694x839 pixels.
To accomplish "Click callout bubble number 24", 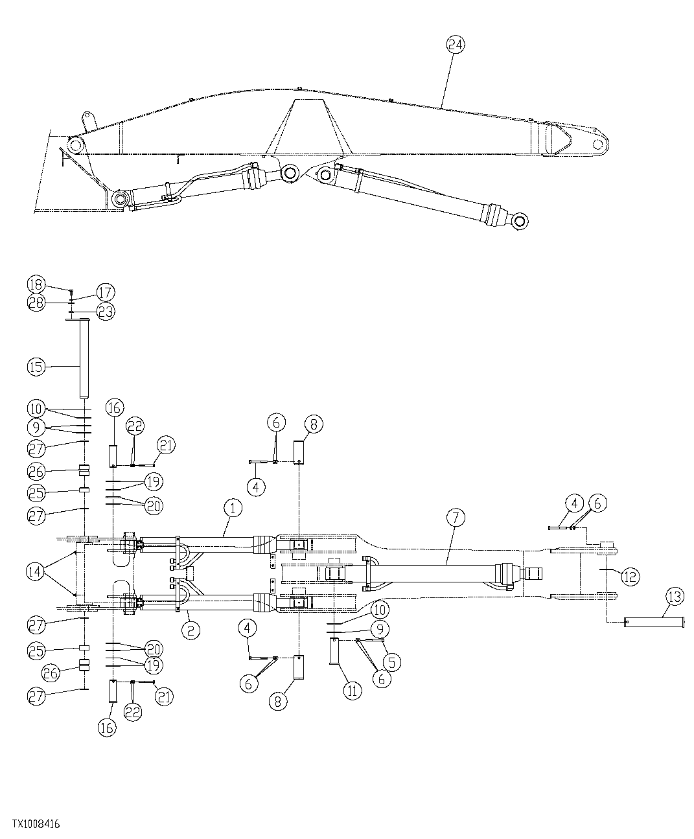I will point(456,45).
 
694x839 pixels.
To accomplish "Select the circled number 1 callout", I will point(233,509).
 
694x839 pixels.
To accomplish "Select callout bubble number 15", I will point(36,367).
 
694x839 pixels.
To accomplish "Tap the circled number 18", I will point(36,284).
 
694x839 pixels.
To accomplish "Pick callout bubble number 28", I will point(36,302).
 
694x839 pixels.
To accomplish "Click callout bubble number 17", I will point(105,292).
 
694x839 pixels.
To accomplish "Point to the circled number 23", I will point(105,312).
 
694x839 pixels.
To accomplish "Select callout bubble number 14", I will point(36,571).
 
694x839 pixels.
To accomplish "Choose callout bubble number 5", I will point(391,661).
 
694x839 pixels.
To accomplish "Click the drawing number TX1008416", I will point(36,825).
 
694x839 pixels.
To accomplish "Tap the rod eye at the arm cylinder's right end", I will point(520,222).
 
